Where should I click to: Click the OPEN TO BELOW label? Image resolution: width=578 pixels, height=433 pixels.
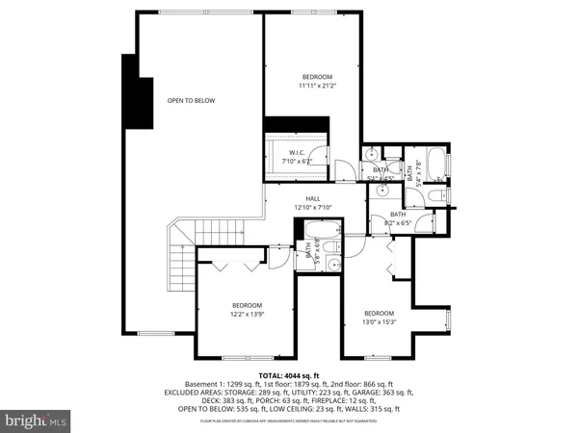tap(191, 100)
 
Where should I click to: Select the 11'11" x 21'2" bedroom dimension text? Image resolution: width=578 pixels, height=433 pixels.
tap(317, 86)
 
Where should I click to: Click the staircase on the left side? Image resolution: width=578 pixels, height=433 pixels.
tap(180, 252)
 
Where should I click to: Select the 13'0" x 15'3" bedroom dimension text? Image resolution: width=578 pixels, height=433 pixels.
tap(379, 321)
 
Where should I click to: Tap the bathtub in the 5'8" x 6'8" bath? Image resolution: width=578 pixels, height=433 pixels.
tap(320, 232)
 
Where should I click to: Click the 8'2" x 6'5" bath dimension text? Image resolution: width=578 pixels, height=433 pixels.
tap(397, 222)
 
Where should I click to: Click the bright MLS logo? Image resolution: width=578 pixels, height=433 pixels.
tap(36, 420)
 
